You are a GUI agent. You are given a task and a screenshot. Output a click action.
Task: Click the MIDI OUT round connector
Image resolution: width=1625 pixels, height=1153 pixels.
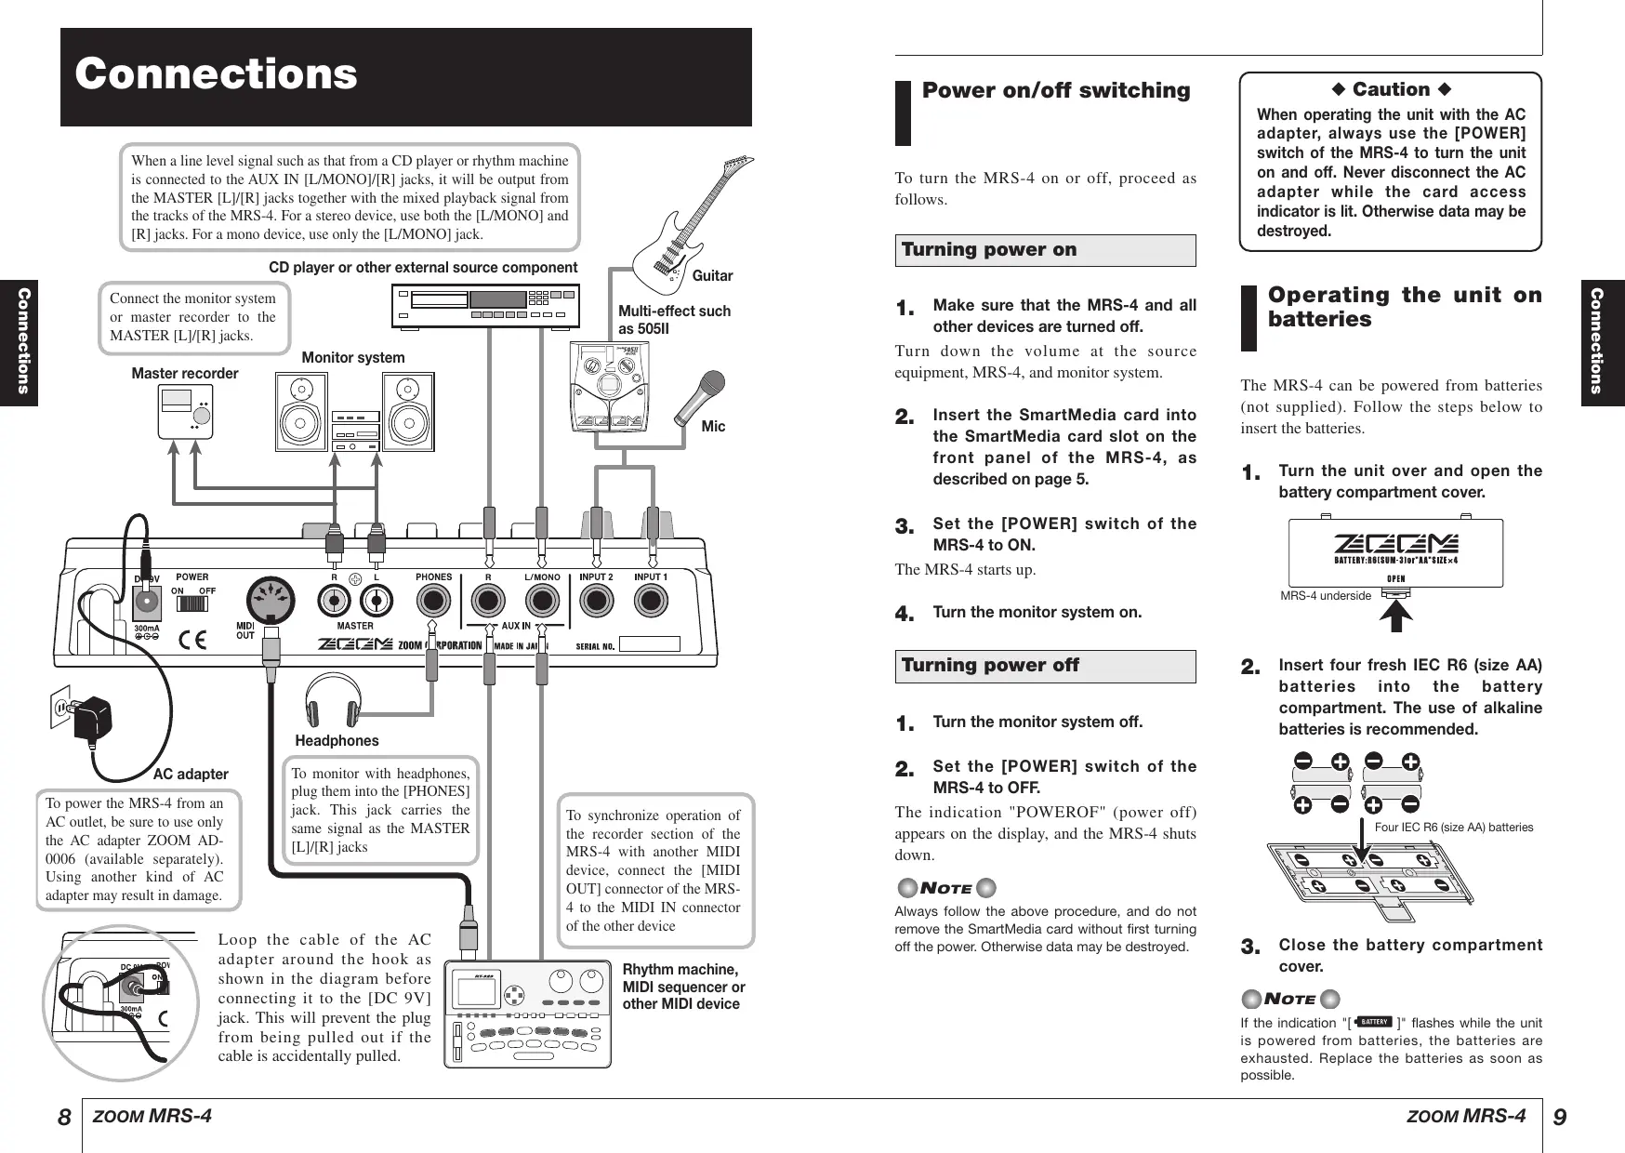coord(271,599)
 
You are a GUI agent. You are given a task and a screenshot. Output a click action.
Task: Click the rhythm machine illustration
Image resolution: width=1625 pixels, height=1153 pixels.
coord(527,1013)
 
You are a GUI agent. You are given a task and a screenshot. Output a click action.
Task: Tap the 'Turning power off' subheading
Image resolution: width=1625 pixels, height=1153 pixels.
coord(990,666)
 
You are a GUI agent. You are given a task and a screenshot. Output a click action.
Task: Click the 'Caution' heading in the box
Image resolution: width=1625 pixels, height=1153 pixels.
coord(1391,90)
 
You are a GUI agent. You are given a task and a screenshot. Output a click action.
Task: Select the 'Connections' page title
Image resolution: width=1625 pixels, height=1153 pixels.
coord(217,74)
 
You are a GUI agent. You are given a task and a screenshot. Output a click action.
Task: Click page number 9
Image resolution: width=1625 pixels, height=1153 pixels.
coord(1560,1117)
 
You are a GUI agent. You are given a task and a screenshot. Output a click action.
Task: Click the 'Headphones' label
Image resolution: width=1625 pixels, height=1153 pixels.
coord(337,741)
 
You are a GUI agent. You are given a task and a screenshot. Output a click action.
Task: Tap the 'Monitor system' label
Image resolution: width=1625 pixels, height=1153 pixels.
coord(353,358)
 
